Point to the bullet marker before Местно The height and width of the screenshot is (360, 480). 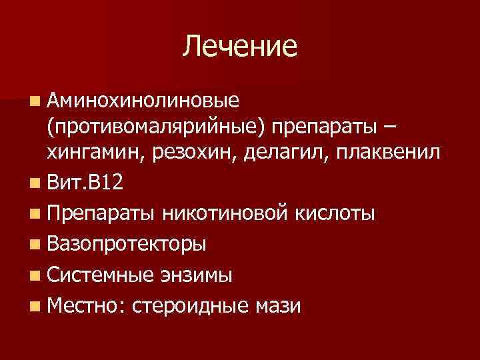(35, 306)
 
